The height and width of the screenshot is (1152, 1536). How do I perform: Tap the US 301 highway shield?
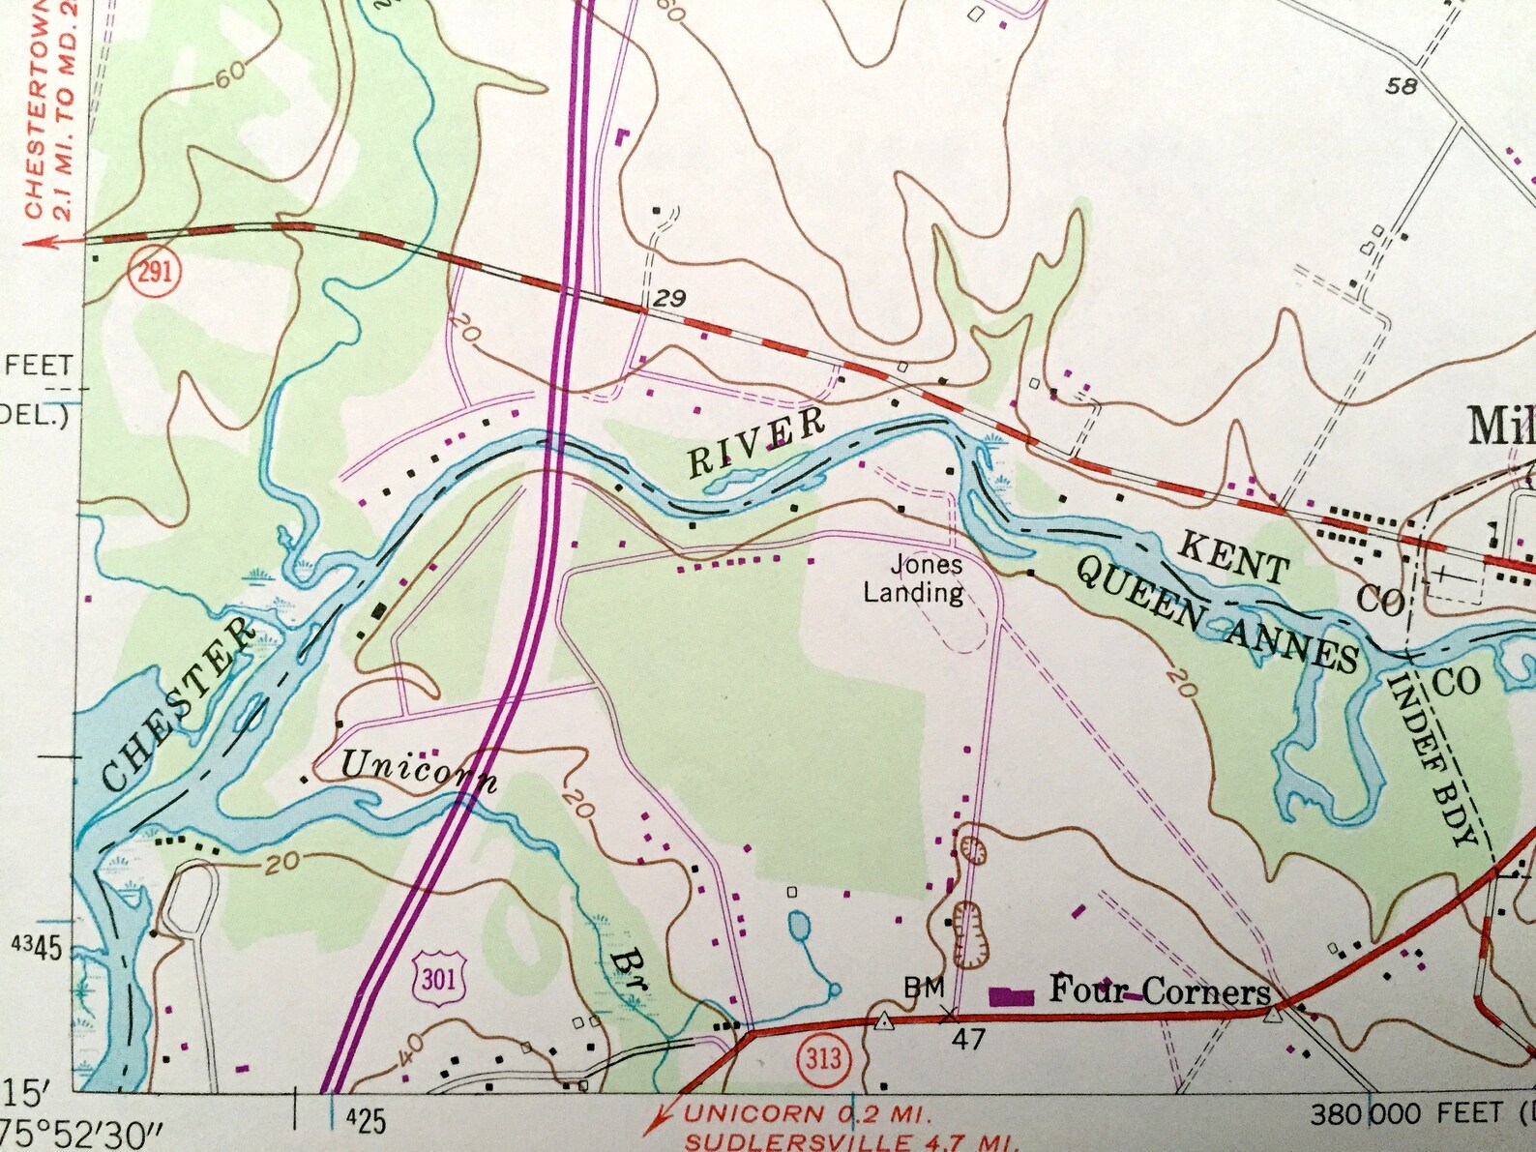(438, 979)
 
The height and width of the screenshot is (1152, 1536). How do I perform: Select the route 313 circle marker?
(823, 1056)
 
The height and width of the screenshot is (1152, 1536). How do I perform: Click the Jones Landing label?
(914, 577)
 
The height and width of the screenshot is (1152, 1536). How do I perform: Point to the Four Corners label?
(1160, 990)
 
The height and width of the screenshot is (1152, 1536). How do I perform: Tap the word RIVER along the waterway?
(756, 444)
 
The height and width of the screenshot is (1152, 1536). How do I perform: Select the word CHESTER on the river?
(180, 706)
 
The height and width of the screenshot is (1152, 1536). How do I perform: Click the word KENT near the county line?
(1232, 559)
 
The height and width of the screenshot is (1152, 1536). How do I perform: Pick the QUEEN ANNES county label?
(1218, 614)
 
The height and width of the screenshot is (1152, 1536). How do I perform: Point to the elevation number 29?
(669, 298)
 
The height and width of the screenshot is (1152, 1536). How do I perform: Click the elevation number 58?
(1401, 86)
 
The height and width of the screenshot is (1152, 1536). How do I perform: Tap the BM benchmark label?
(924, 988)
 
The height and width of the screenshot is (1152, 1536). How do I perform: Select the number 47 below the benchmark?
(967, 1039)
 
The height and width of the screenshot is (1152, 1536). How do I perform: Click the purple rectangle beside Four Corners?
(1010, 995)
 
